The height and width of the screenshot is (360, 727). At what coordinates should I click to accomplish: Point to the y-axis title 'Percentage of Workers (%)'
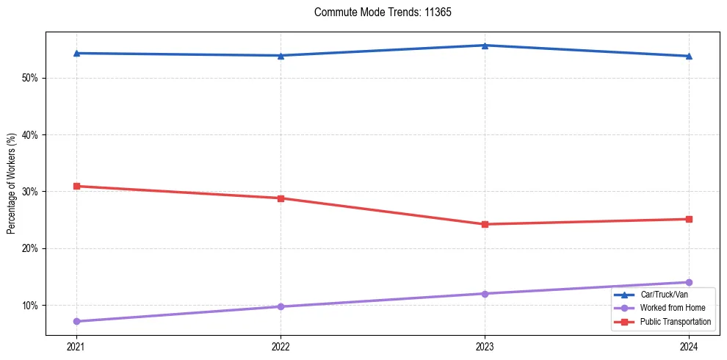pyautogui.click(x=11, y=184)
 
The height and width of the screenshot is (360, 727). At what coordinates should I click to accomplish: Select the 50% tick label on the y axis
pyautogui.click(x=30, y=78)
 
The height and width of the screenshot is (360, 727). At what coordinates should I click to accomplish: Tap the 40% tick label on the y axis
pyautogui.click(x=30, y=135)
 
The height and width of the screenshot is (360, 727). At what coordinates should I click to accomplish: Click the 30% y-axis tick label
pyautogui.click(x=30, y=192)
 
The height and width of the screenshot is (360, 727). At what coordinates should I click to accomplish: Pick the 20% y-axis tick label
pyautogui.click(x=30, y=248)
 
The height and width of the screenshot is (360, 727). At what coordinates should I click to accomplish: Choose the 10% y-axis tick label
pyautogui.click(x=30, y=306)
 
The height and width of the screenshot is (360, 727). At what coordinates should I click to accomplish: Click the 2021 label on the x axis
pyautogui.click(x=76, y=346)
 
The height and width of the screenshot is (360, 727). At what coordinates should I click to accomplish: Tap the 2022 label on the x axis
pyautogui.click(x=281, y=346)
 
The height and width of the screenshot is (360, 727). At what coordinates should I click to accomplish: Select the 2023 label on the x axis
pyautogui.click(x=485, y=346)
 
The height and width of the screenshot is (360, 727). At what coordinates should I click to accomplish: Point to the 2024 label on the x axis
pyautogui.click(x=689, y=346)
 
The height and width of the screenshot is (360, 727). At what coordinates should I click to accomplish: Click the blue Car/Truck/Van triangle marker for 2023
pyautogui.click(x=485, y=46)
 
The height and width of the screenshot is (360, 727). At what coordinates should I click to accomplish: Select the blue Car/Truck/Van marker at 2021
pyautogui.click(x=76, y=53)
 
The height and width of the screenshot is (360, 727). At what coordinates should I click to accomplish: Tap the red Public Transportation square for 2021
pyautogui.click(x=76, y=186)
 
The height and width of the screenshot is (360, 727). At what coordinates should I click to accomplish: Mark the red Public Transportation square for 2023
pyautogui.click(x=485, y=224)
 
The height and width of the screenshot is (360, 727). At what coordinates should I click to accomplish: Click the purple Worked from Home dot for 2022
pyautogui.click(x=281, y=306)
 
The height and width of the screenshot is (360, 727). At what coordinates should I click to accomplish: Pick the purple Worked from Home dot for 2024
pyautogui.click(x=689, y=282)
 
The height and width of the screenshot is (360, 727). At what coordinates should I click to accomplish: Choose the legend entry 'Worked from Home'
pyautogui.click(x=666, y=308)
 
